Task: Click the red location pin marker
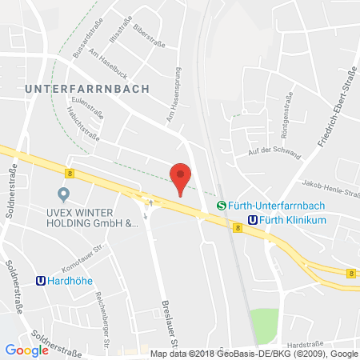[182, 176]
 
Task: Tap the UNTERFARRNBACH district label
[86, 89]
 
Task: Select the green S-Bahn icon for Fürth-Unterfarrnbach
[222, 205]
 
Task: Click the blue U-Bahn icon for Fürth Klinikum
[253, 220]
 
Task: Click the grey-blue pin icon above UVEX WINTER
[63, 194]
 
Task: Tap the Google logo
[26, 350]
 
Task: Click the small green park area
[263, 326]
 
